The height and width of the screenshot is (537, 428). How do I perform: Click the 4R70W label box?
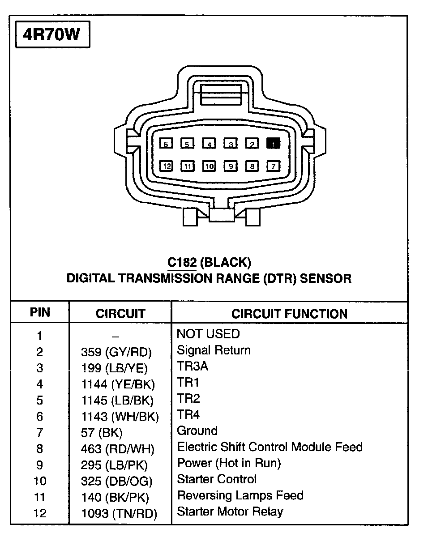[53, 34]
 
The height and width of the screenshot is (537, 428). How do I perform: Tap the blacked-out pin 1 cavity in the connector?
[273, 144]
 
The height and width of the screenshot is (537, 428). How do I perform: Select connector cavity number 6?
[166, 144]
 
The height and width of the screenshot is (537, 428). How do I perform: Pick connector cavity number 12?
[167, 166]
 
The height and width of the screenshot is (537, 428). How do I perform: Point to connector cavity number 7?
[273, 166]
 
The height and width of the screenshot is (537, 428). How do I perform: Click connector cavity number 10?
[209, 166]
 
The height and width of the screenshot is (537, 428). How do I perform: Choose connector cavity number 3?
[231, 144]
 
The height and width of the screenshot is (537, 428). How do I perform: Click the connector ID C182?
[182, 262]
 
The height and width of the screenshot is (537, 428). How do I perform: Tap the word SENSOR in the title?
[325, 278]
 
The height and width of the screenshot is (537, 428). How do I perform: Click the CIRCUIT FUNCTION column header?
[289, 314]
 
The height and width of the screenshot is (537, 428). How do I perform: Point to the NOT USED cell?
[208, 334]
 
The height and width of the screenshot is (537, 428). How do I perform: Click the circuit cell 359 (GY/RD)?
[116, 352]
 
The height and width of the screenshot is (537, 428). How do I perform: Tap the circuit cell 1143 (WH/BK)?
[120, 417]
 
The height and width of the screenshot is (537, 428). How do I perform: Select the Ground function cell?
[197, 430]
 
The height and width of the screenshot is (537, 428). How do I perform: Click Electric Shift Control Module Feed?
[270, 447]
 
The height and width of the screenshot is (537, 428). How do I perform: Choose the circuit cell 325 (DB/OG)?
[116, 481]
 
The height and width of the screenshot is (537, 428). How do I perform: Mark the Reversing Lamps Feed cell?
[240, 495]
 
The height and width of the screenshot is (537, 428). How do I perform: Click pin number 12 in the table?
[40, 513]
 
